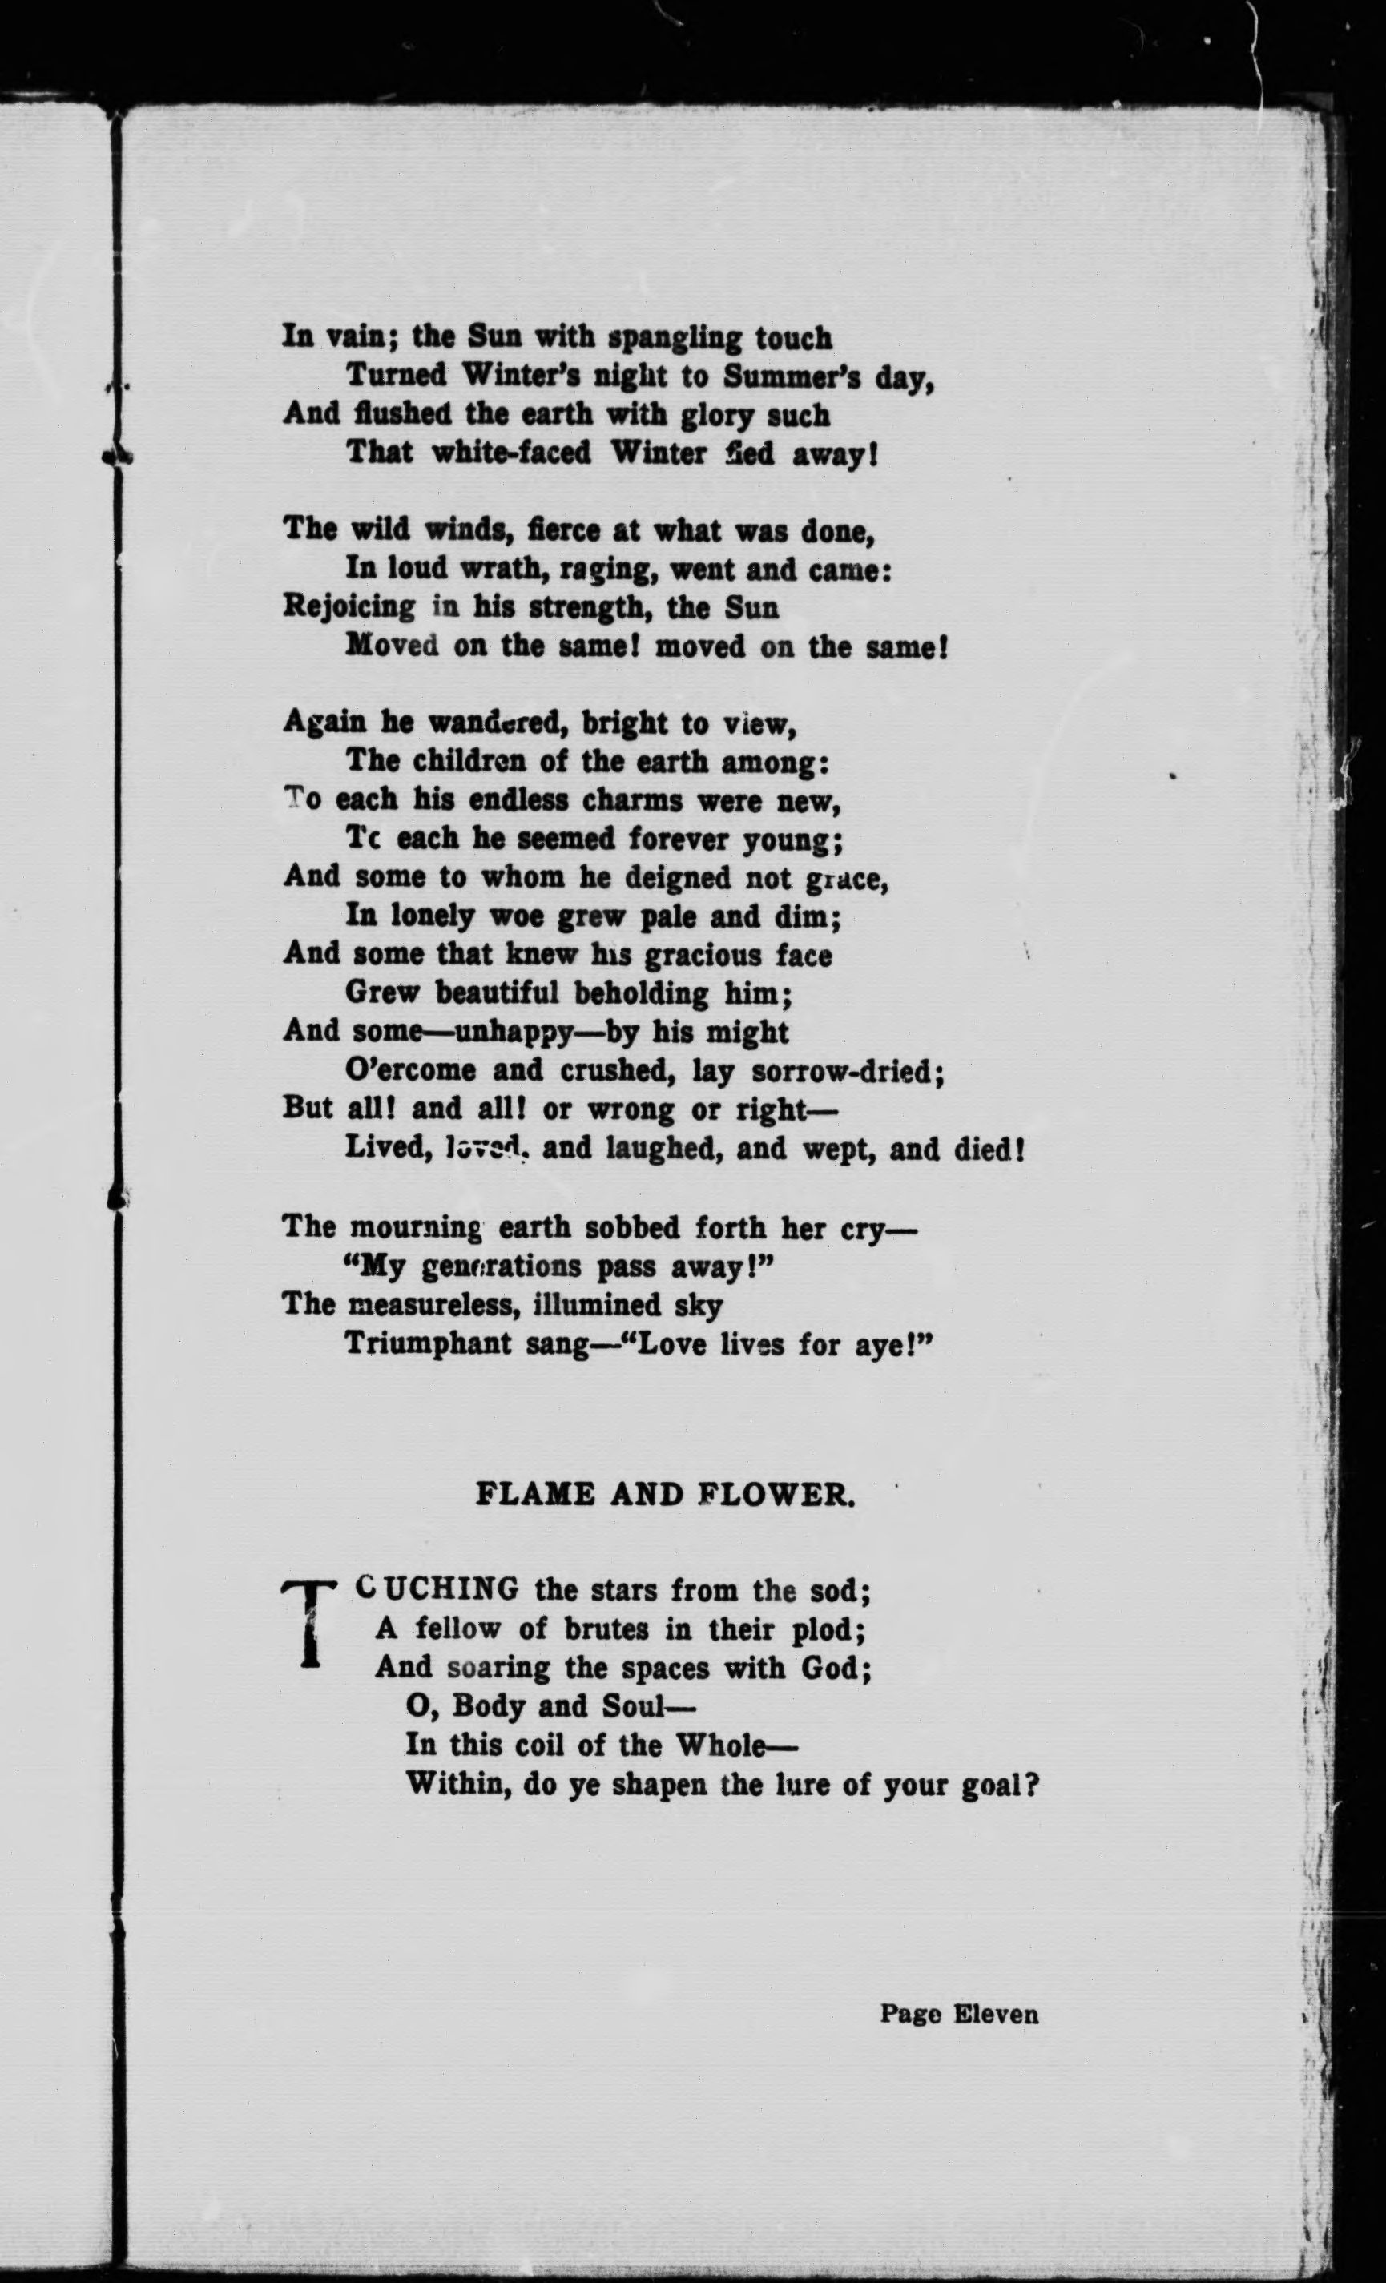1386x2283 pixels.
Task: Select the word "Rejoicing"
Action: (x=349, y=607)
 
